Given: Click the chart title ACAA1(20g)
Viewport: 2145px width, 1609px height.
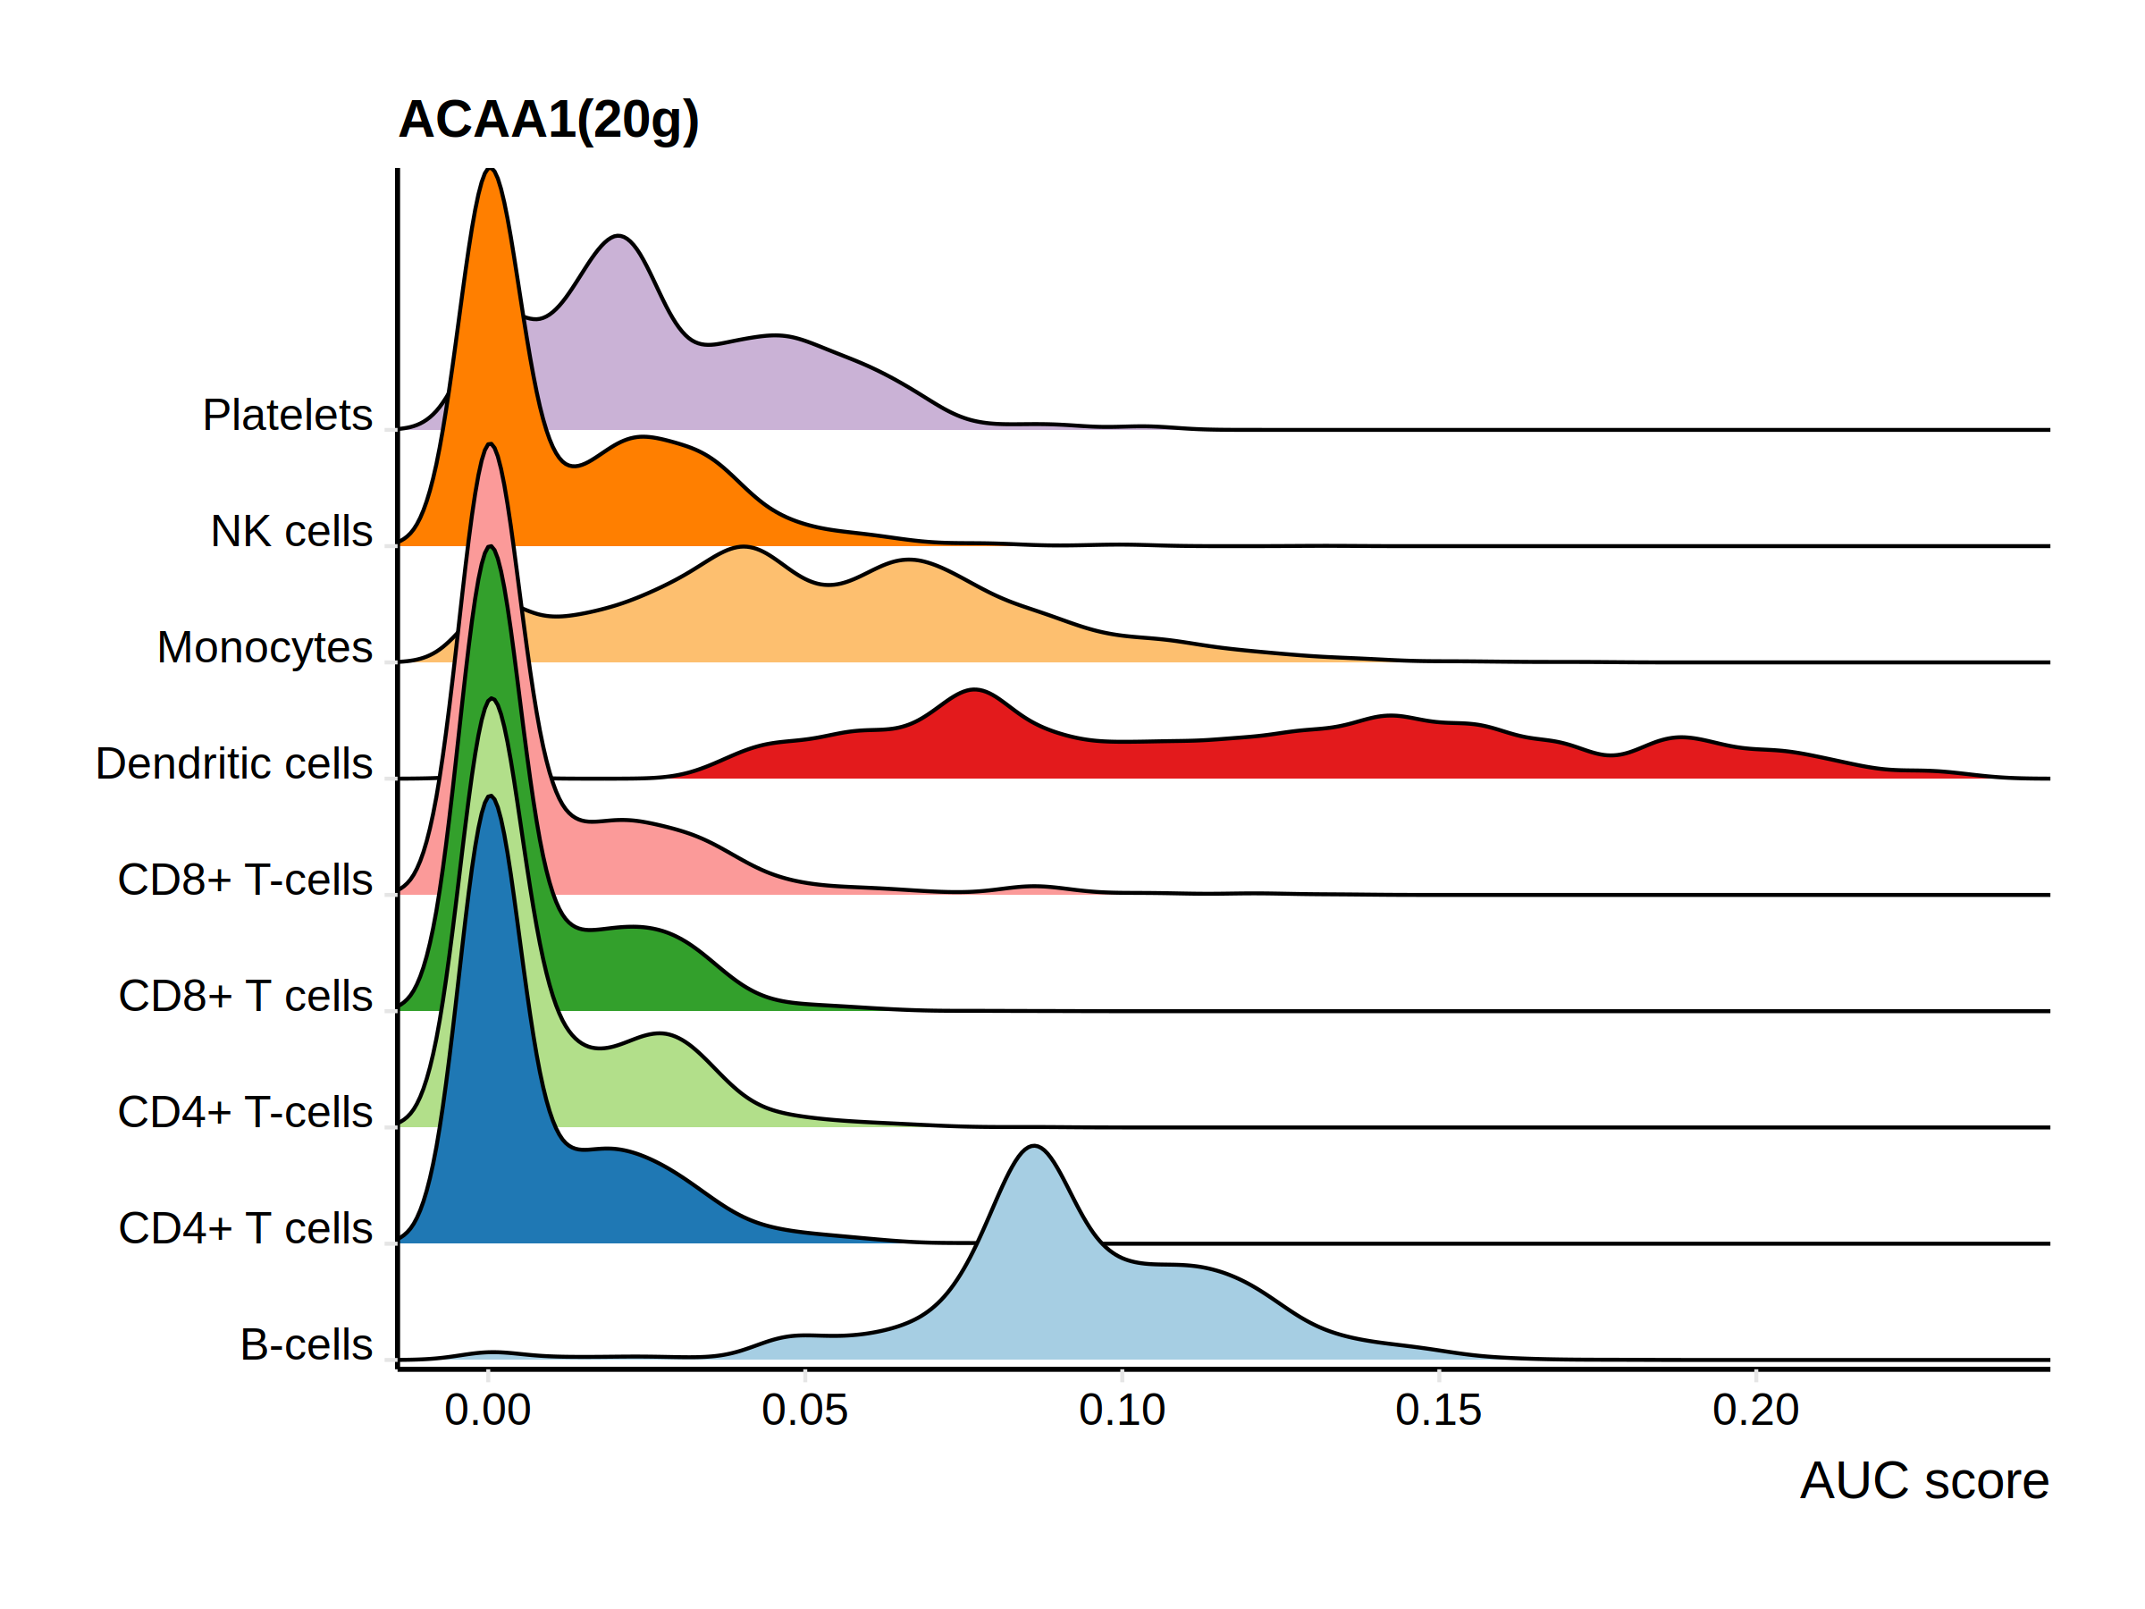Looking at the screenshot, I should [548, 121].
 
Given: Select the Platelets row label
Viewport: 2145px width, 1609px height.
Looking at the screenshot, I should [287, 415].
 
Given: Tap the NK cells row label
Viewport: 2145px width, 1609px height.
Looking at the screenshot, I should [290, 532].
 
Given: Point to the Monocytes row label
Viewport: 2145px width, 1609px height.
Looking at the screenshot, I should [264, 648].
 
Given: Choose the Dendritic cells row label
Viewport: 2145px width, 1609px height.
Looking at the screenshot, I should [233, 764].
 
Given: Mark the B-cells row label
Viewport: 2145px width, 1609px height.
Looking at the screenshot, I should [306, 1345].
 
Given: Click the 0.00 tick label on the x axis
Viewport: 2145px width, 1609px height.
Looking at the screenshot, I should [488, 1411].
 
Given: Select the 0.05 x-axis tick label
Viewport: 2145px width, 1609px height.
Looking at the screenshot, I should [805, 1411].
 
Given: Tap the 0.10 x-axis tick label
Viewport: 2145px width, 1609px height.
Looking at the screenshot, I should [1122, 1411].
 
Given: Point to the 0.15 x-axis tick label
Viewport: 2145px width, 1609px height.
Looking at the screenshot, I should [1438, 1411].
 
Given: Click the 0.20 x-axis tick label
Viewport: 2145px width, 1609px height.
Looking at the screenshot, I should [1755, 1411].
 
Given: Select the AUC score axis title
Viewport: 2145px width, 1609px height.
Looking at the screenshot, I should [1924, 1481].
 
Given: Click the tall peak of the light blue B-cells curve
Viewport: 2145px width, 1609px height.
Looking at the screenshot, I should [1035, 1148].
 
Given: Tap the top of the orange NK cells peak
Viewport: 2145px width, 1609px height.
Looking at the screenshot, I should [491, 171].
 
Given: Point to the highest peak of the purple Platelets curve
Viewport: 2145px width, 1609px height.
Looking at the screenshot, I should [618, 237].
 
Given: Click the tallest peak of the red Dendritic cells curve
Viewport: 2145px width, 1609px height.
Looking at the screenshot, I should [974, 691].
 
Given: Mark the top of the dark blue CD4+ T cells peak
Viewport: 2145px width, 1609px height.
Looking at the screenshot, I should [492, 797].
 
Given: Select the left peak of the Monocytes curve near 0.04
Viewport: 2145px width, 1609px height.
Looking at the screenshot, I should [743, 548].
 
